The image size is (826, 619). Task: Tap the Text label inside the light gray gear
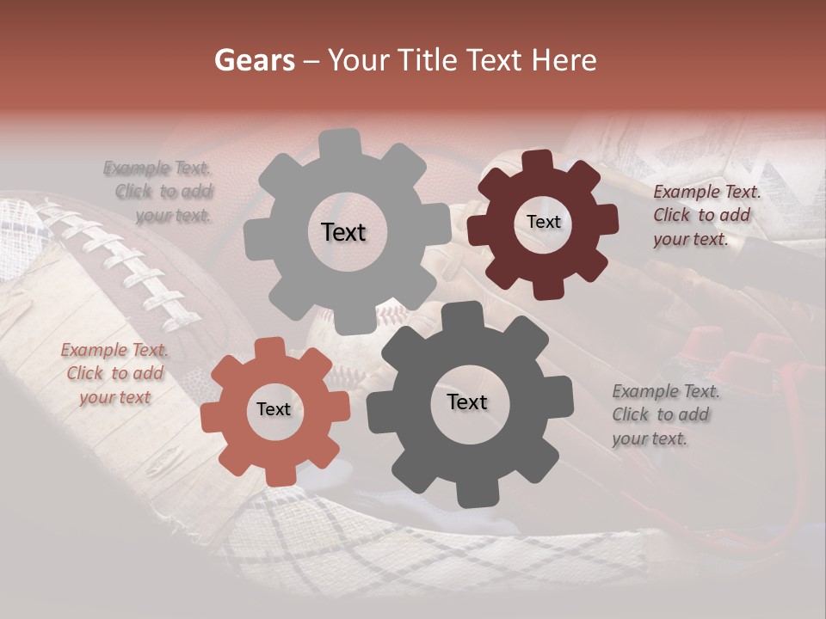click(x=343, y=232)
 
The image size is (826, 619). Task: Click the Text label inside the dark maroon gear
click(x=543, y=222)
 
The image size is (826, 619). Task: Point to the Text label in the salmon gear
click(x=274, y=410)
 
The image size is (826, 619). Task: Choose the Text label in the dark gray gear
click(x=467, y=401)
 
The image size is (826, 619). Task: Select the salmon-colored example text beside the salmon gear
click(x=114, y=373)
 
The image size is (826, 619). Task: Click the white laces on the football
click(x=129, y=262)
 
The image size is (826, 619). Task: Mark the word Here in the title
click(x=564, y=60)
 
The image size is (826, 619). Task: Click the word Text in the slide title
click(x=493, y=60)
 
